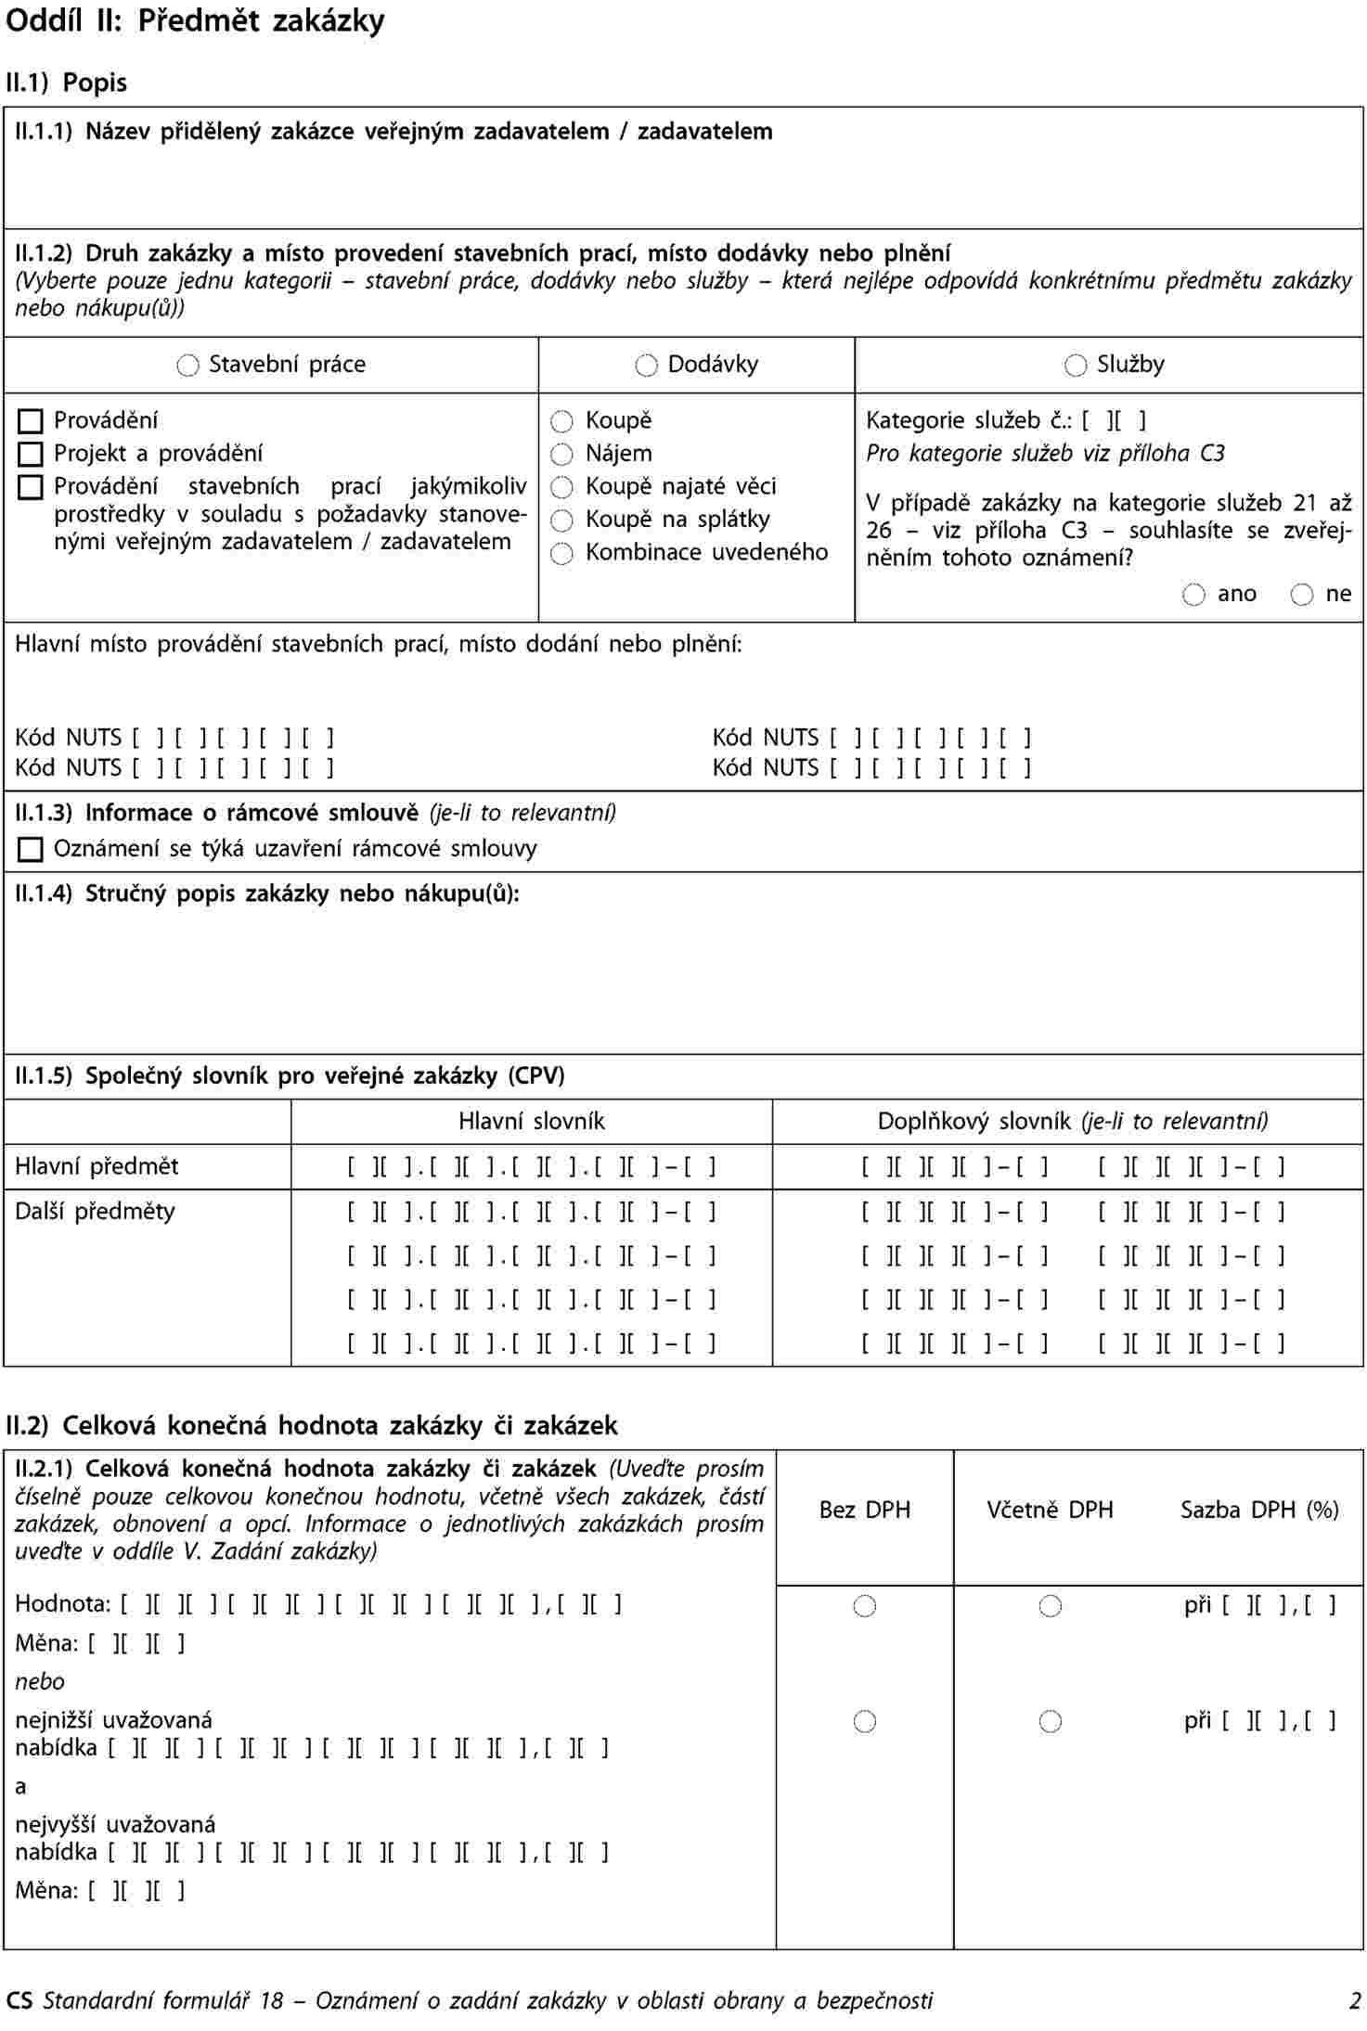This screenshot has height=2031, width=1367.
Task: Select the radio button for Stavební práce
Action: [187, 366]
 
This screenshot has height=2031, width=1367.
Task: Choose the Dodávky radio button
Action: [646, 366]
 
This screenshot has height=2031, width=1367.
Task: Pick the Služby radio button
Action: [1076, 366]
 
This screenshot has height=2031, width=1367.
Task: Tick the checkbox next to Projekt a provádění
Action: [31, 455]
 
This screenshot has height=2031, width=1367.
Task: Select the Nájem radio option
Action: [561, 455]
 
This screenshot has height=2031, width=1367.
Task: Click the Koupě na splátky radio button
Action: [561, 521]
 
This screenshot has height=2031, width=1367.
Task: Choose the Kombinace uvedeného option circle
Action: [561, 554]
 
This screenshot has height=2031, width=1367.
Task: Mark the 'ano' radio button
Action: [1193, 595]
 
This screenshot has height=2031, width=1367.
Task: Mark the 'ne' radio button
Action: [1302, 595]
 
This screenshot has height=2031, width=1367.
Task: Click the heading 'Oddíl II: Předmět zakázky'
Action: [195, 21]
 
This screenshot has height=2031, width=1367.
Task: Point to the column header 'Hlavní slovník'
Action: [531, 1122]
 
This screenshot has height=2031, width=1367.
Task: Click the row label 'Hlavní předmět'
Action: [97, 1166]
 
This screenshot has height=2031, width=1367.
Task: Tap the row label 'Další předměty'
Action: [95, 1211]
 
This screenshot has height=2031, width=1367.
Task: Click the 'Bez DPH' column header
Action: [864, 1510]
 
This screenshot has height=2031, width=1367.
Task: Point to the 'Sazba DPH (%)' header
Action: [1259, 1510]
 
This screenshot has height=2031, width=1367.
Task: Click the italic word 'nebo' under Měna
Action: [40, 1681]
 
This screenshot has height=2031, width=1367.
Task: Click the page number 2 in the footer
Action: [1355, 2001]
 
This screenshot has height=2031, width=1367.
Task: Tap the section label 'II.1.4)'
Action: [44, 893]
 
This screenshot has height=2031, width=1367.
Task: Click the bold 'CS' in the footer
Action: [19, 2001]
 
